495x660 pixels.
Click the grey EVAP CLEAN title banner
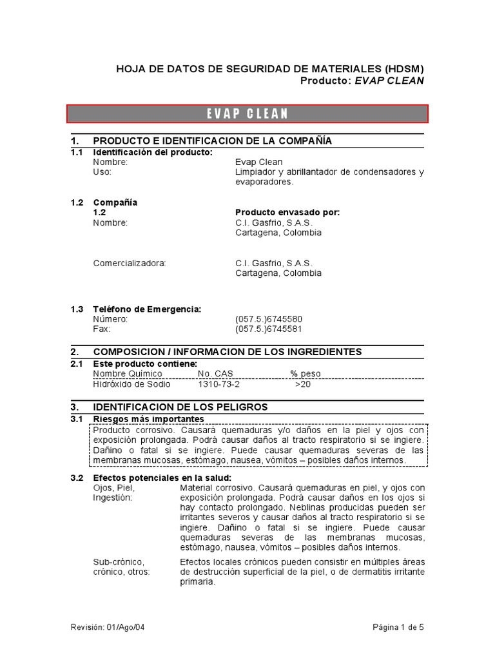tap(247, 113)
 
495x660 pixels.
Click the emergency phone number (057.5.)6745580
tap(269, 319)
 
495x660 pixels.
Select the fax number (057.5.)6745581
tap(269, 329)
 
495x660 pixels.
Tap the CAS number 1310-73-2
tap(218, 384)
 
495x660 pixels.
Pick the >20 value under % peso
tap(302, 384)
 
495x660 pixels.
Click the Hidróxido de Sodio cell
tap(132, 384)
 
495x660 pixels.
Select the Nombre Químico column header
tap(128, 373)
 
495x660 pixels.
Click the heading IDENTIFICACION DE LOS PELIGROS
tap(180, 407)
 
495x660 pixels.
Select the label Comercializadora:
tap(130, 263)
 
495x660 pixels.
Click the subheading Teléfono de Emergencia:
tap(147, 309)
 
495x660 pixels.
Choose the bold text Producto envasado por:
tap(287, 212)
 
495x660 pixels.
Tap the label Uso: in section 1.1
tap(102, 172)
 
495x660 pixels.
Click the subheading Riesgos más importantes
tap(149, 419)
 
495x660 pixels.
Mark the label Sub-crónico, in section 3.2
tap(119, 562)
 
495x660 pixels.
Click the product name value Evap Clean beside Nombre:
tap(258, 162)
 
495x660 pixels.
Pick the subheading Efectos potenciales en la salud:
tap(160, 478)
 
